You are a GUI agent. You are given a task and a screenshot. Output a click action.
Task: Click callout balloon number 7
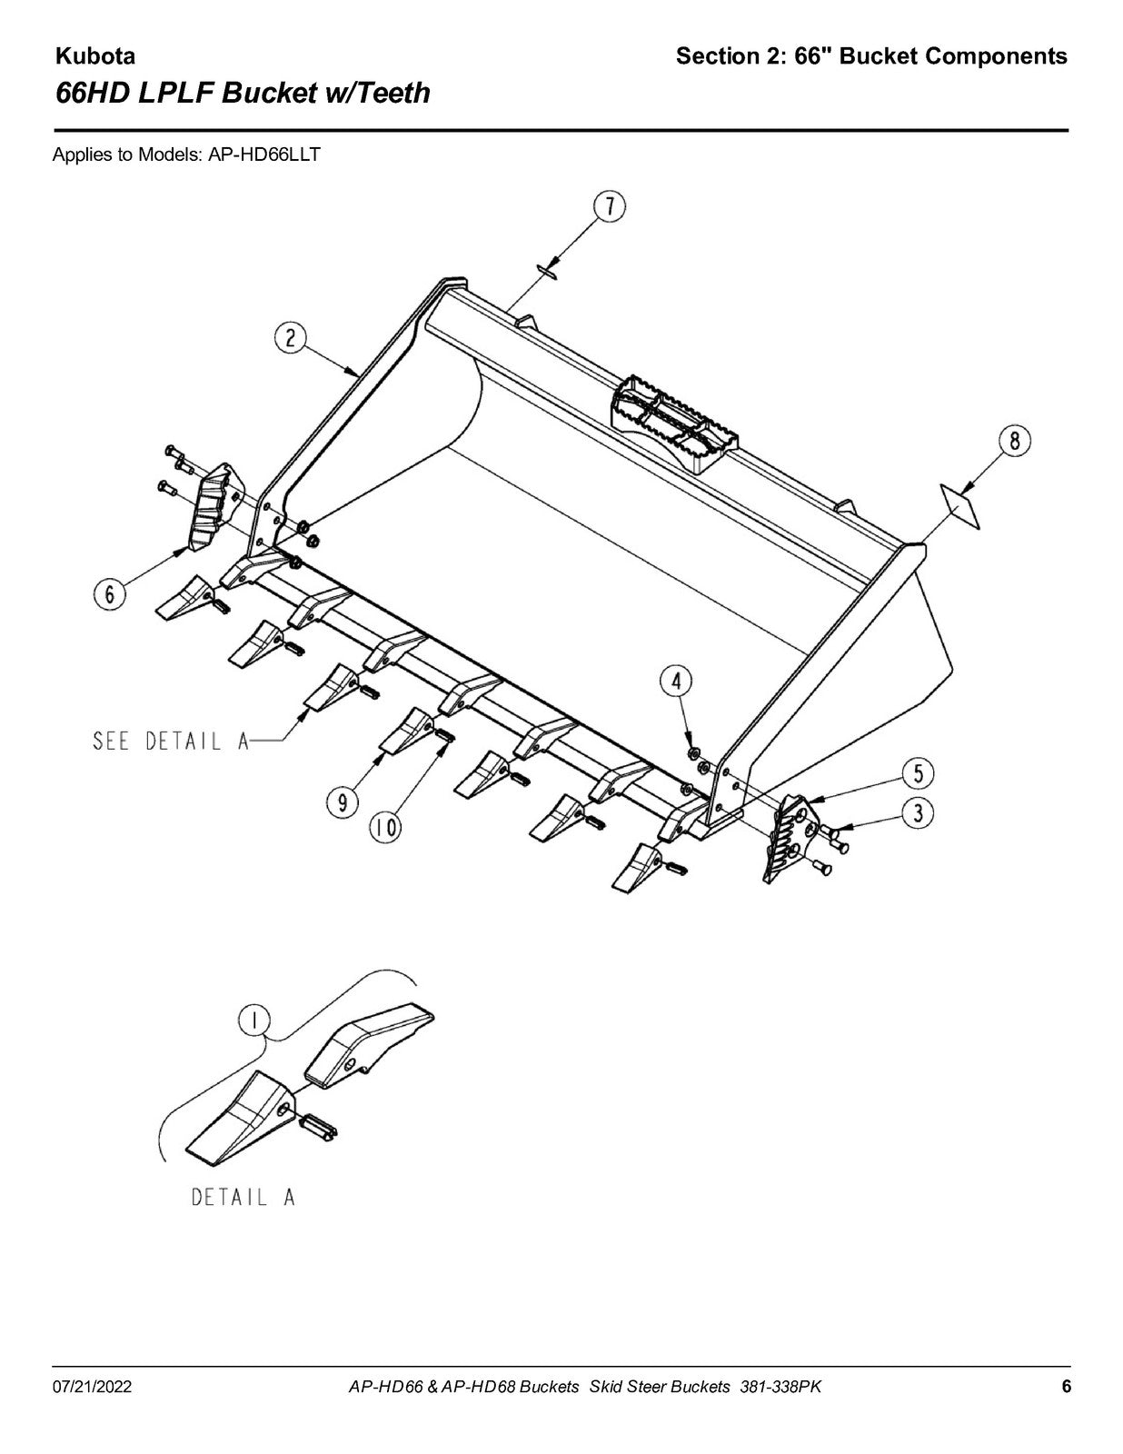click(610, 207)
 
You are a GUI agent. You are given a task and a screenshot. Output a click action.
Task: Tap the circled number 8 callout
click(1015, 442)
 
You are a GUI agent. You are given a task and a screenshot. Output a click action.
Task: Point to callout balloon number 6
click(110, 593)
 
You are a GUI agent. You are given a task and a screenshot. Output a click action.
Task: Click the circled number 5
click(919, 773)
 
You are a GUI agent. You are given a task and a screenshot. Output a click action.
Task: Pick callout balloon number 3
click(919, 813)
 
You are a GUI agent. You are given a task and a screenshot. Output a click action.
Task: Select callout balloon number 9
click(342, 802)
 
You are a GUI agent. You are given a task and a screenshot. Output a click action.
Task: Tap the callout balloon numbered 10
click(385, 829)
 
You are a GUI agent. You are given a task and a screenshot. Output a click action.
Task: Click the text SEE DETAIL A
click(170, 742)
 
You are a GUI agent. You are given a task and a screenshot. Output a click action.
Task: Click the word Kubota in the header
click(95, 56)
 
